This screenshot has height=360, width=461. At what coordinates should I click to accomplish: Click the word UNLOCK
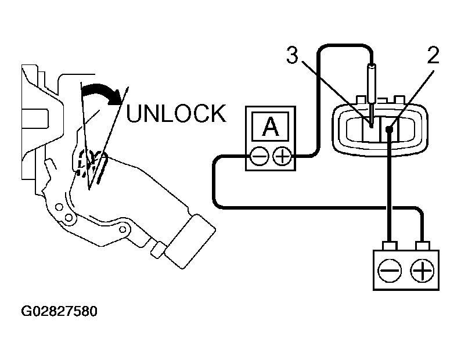pyautogui.click(x=177, y=113)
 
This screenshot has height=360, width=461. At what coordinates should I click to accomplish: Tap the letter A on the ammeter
pyautogui.click(x=271, y=127)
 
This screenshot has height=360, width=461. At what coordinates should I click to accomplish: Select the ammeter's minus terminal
pyautogui.click(x=260, y=156)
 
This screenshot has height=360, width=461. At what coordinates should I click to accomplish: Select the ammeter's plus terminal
pyautogui.click(x=282, y=156)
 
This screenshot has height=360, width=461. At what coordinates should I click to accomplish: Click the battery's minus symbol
pyautogui.click(x=390, y=271)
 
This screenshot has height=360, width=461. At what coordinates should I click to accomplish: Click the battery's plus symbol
pyautogui.click(x=422, y=271)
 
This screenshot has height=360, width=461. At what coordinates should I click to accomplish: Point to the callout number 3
pyautogui.click(x=292, y=55)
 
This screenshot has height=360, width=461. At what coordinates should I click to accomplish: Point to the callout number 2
pyautogui.click(x=433, y=55)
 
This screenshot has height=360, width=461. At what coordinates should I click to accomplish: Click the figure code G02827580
pyautogui.click(x=59, y=311)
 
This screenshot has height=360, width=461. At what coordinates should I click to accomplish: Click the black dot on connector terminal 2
pyautogui.click(x=389, y=129)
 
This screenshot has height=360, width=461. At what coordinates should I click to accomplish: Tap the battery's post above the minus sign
pyautogui.click(x=390, y=246)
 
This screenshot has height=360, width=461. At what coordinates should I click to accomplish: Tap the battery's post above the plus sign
pyautogui.click(x=422, y=246)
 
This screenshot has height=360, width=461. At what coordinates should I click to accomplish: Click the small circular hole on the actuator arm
pyautogui.click(x=123, y=229)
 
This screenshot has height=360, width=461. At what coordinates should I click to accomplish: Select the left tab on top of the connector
pyautogui.click(x=361, y=100)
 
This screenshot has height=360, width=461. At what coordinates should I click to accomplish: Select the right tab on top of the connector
pyautogui.click(x=399, y=100)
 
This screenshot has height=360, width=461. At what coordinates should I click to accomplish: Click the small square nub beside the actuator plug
pyautogui.click(x=159, y=250)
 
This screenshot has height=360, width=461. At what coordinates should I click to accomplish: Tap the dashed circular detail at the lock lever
pyautogui.click(x=85, y=161)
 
